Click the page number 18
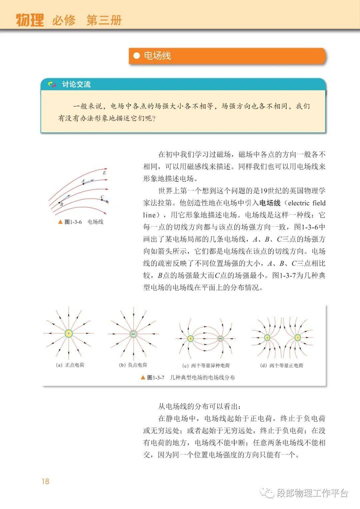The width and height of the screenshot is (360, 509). (45, 481)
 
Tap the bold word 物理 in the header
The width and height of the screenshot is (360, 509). (30, 20)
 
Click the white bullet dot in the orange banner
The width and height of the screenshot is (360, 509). (136, 56)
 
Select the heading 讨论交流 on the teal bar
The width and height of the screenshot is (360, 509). (76, 84)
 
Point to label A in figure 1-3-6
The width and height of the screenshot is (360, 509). (83, 181)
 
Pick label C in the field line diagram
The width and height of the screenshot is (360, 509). (102, 197)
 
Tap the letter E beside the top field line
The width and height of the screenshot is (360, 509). (104, 173)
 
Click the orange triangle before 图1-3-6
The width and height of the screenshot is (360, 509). (60, 222)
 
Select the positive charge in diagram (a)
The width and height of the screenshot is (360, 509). (69, 333)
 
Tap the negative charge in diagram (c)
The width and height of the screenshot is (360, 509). (220, 339)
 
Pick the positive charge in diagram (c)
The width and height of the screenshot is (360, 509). (190, 339)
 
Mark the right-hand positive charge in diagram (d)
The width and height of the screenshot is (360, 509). (297, 338)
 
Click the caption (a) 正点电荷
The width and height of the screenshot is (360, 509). (70, 365)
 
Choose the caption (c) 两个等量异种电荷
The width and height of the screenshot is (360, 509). (206, 366)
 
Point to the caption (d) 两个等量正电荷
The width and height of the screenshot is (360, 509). (282, 366)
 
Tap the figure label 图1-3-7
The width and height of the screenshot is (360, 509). (156, 378)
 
